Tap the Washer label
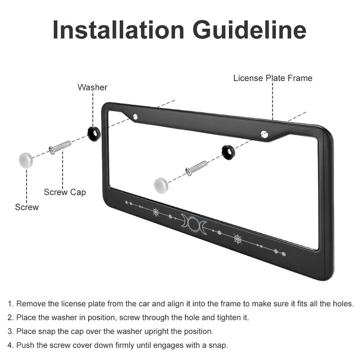[92, 87]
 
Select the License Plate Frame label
[273, 78]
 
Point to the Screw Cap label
[65, 192]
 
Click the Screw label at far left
[27, 207]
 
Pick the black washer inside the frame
[228, 152]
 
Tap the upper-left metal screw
[60, 147]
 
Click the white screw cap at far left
[26, 160]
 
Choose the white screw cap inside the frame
[161, 184]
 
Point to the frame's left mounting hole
[135, 117]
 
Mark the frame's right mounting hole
[264, 134]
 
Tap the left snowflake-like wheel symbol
[156, 212]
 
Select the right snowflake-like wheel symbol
[238, 239]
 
